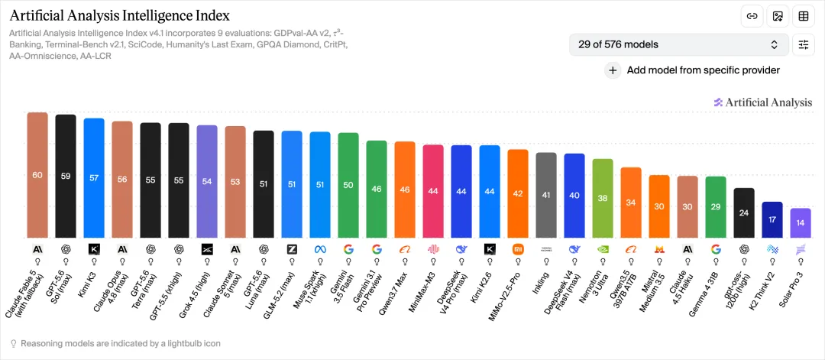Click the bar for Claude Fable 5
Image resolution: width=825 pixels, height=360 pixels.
pyautogui.click(x=37, y=175)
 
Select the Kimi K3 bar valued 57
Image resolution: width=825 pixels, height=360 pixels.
pyautogui.click(x=94, y=178)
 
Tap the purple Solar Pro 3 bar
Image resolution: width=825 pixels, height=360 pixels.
pyautogui.click(x=801, y=223)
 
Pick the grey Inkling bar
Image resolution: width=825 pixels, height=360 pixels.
pyautogui.click(x=546, y=195)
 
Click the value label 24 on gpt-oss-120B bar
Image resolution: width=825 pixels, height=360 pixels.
pyautogui.click(x=744, y=213)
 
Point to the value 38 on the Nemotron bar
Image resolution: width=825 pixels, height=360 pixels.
pyautogui.click(x=603, y=199)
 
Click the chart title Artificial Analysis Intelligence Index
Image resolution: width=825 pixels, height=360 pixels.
pyautogui.click(x=120, y=15)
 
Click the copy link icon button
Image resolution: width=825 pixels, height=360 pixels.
pyautogui.click(x=752, y=16)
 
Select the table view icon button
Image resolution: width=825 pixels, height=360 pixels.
pyautogui.click(x=804, y=16)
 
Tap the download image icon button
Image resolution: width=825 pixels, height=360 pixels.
pyautogui.click(x=778, y=16)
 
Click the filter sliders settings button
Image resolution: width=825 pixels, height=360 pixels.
pyautogui.click(x=804, y=45)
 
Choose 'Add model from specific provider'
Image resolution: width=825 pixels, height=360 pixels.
pyautogui.click(x=694, y=70)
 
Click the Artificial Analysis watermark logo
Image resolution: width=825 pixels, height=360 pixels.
pyautogui.click(x=763, y=102)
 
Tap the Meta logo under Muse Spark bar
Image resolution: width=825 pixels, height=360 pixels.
pyautogui.click(x=320, y=249)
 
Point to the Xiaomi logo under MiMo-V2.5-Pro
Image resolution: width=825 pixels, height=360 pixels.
pyautogui.click(x=518, y=249)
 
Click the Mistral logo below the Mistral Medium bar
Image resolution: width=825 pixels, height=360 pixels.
pyautogui.click(x=659, y=249)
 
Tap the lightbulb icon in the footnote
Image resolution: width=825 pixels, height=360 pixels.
pyautogui.click(x=14, y=344)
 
